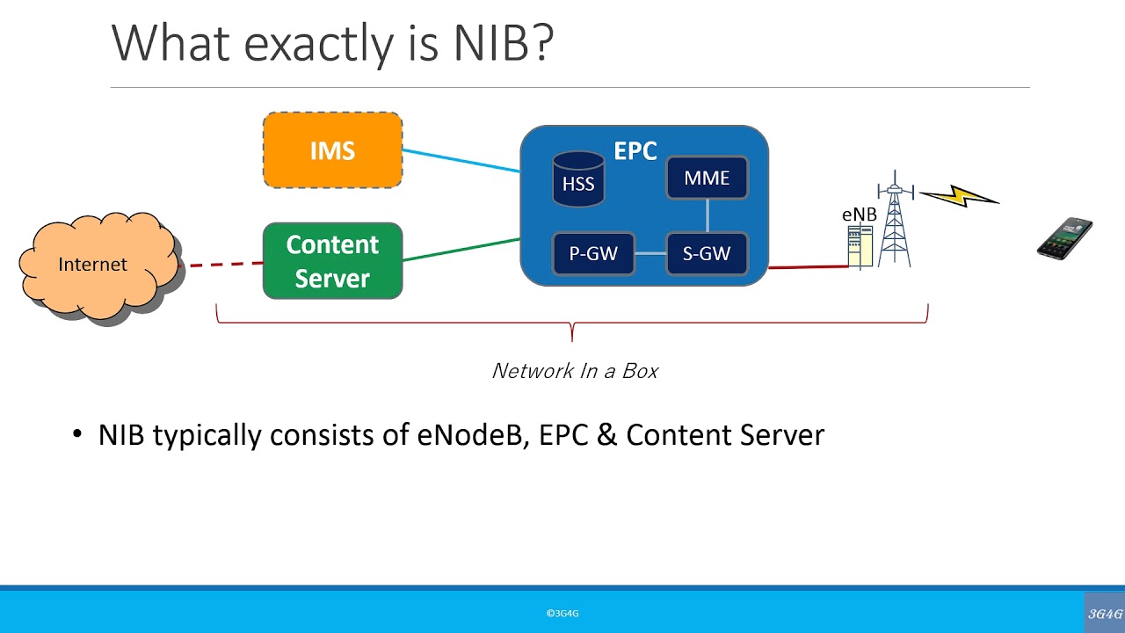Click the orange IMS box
click(x=332, y=150)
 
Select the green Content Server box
click(x=332, y=261)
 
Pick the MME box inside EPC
click(x=707, y=178)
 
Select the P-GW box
click(x=593, y=254)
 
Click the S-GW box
click(x=707, y=254)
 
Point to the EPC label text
click(x=635, y=150)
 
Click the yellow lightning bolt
click(x=960, y=197)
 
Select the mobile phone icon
click(x=1064, y=238)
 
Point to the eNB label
click(x=859, y=215)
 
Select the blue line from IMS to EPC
click(x=461, y=160)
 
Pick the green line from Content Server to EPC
click(x=461, y=249)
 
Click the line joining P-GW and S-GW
click(x=650, y=254)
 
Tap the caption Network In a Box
click(x=575, y=371)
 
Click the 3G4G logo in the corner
click(x=1105, y=614)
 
